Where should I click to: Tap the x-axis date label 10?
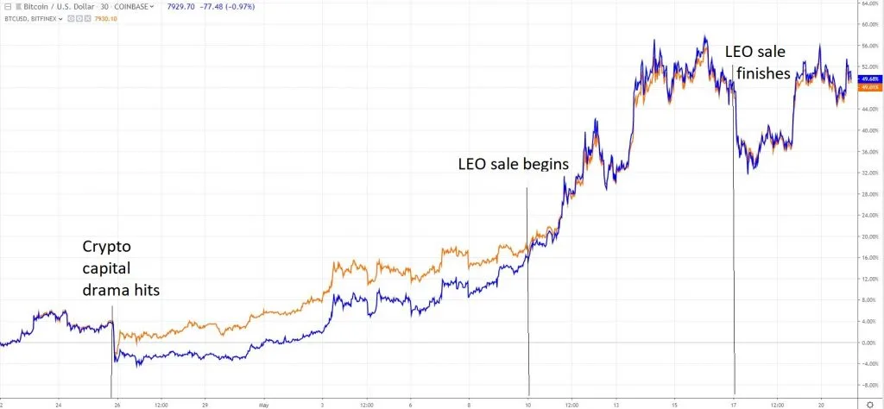tap(527, 403)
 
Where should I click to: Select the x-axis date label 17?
tap(734, 403)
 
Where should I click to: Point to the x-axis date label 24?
tap(58, 403)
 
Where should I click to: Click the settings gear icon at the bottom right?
tap(869, 403)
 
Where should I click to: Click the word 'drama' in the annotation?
tap(106, 291)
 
